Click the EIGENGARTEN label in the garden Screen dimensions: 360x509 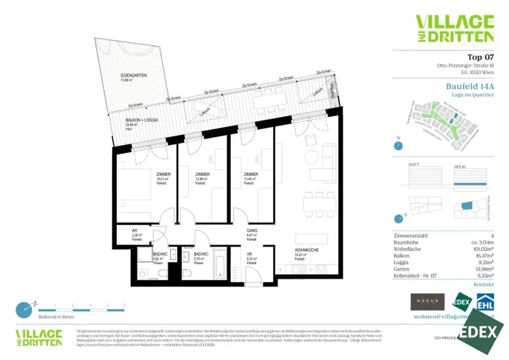point(133,76)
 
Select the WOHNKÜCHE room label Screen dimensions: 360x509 point(306,250)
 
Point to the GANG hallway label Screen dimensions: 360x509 point(252,231)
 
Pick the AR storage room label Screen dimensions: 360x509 point(134,231)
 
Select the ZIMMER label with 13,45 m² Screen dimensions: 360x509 point(251,175)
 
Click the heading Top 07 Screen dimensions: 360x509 point(481,57)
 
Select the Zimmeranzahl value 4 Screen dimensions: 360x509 point(492,236)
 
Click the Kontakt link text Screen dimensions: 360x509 point(484,284)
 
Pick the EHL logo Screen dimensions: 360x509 point(485,303)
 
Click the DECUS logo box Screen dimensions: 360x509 point(427,302)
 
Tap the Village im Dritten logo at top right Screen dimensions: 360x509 point(454,28)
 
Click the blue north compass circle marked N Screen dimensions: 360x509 point(398,146)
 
